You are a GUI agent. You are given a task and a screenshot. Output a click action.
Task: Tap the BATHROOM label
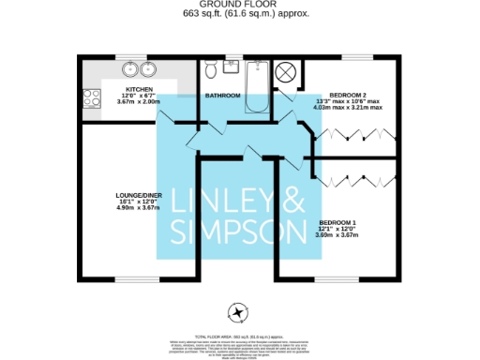coord(222,96)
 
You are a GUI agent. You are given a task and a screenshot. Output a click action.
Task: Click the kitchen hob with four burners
coord(92,97)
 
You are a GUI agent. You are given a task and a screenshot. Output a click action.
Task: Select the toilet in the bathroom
coord(212,71)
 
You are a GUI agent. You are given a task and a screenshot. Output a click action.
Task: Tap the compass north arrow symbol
coord(238,313)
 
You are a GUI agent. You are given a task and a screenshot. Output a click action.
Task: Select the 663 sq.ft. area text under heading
coord(240,16)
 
